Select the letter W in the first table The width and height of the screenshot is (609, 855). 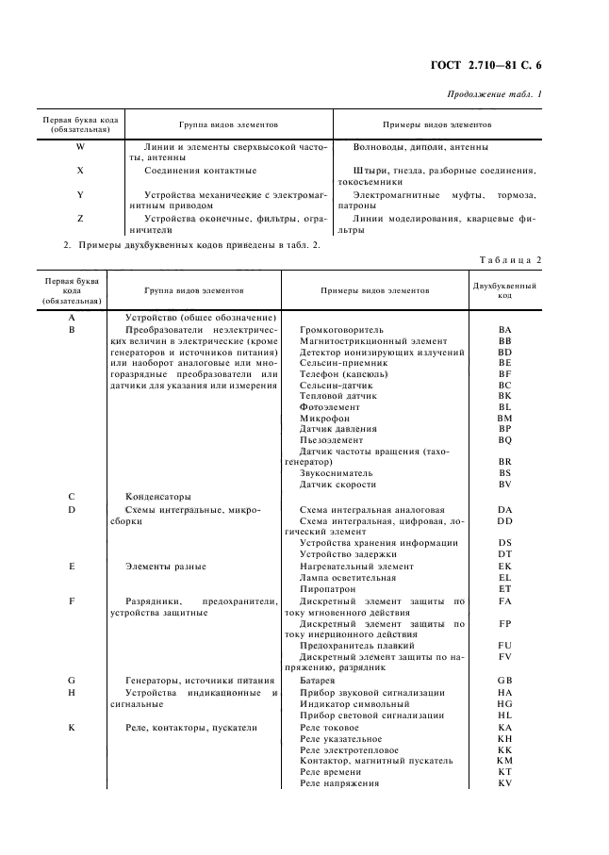(79, 147)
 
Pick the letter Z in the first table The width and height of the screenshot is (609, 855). (79, 218)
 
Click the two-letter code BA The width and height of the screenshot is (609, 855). (504, 330)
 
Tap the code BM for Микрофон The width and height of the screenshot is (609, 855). (504, 418)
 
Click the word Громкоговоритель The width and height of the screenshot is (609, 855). (341, 330)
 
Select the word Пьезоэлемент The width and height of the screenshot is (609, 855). (331, 439)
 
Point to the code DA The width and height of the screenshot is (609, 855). (504, 509)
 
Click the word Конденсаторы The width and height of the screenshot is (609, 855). (158, 496)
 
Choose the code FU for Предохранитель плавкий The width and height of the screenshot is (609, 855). (504, 646)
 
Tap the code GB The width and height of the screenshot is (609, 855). (504, 681)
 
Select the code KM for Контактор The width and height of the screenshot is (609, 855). (504, 760)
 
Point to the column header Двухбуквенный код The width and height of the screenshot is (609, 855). (504, 289)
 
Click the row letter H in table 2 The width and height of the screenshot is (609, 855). (72, 692)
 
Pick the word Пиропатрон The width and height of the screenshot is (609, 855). (326, 588)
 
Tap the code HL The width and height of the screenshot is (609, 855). (504, 715)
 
